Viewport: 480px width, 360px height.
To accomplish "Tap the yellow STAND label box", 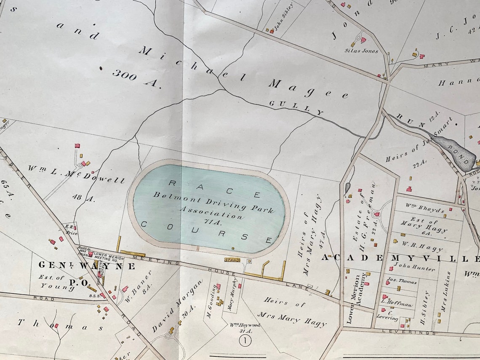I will [x=232, y=260].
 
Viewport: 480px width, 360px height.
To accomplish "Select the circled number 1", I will [x=245, y=341].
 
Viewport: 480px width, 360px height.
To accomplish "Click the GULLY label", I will [x=296, y=108].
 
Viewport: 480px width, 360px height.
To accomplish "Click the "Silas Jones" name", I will [x=361, y=51].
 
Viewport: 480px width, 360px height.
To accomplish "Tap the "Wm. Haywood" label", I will [x=245, y=325].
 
